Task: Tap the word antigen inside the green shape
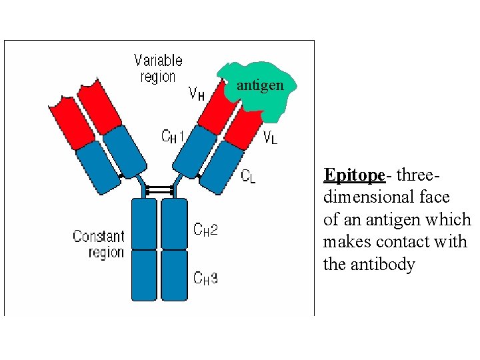point(260,86)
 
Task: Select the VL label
point(270,138)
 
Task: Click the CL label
point(248,176)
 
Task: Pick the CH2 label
point(205,229)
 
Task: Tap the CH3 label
point(205,278)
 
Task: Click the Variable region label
point(157,69)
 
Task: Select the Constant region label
point(99,244)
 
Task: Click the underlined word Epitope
point(354,175)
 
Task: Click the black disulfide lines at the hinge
point(159,190)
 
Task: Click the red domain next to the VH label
point(216,107)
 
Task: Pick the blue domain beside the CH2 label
point(175,223)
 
